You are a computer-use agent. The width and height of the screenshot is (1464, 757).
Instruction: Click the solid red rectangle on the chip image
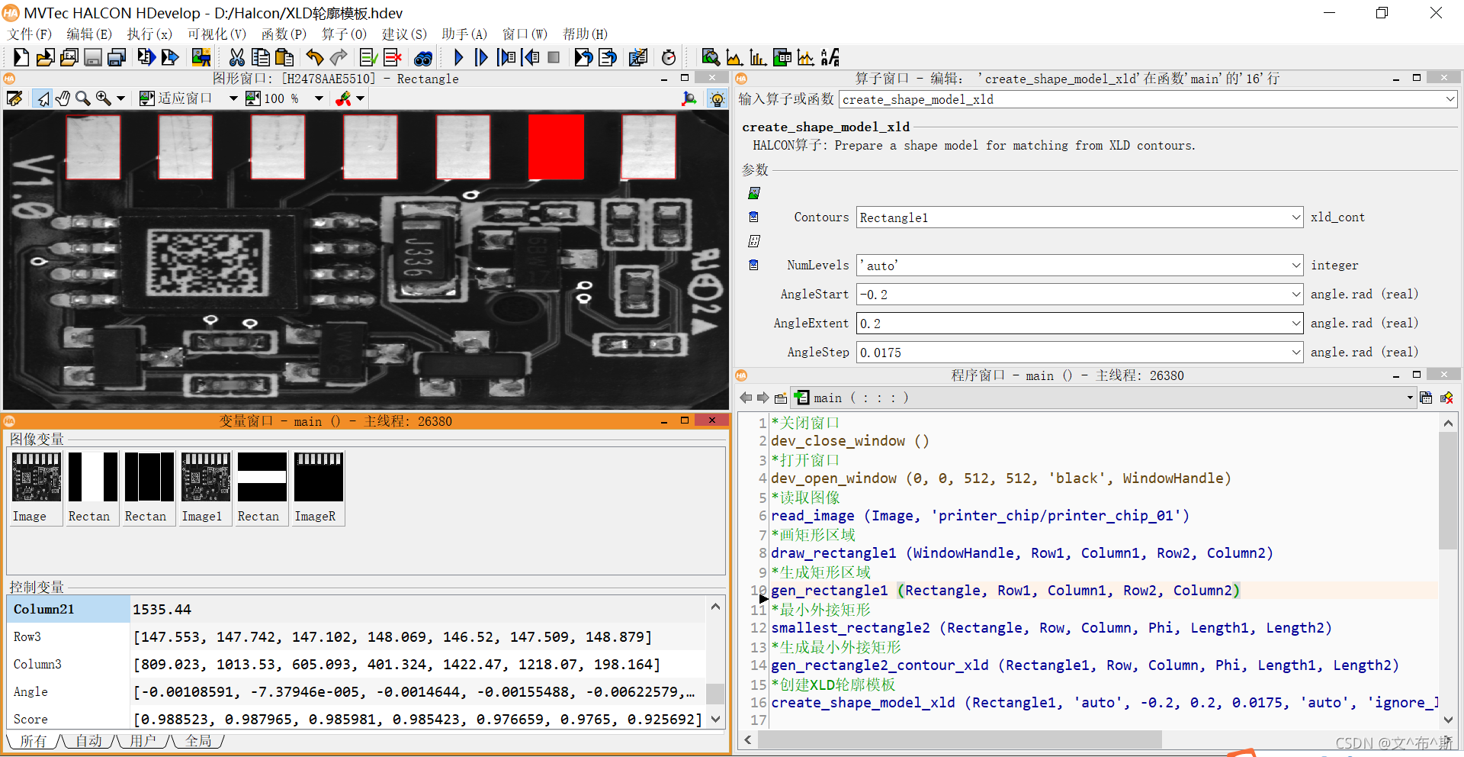[x=556, y=147]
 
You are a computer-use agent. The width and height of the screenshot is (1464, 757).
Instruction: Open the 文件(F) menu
[x=30, y=34]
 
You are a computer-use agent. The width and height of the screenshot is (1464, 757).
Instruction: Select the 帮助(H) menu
[x=585, y=34]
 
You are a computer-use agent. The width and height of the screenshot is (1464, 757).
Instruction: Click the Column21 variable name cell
[x=68, y=609]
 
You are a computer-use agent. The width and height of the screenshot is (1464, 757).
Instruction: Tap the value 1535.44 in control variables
[x=162, y=610]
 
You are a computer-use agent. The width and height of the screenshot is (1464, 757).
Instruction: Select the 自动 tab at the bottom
[x=88, y=741]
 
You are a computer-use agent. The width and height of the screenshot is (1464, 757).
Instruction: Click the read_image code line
[x=979, y=516]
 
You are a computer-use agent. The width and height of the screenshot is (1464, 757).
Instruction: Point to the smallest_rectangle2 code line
[x=1051, y=628]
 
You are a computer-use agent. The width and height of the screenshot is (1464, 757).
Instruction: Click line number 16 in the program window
[x=758, y=703]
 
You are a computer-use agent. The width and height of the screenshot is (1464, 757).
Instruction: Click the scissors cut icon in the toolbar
[x=236, y=57]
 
